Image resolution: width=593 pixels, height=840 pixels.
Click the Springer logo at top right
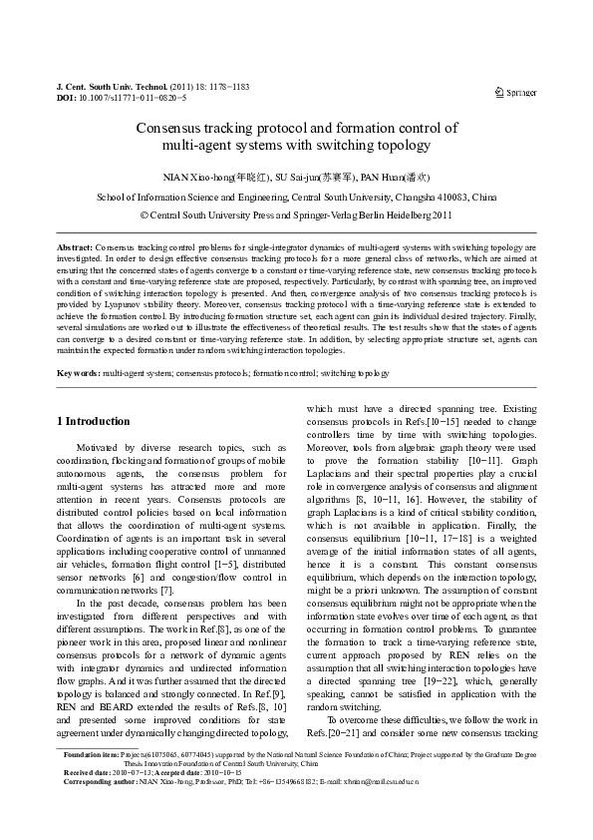515,93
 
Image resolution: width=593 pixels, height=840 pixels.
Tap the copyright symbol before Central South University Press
146,214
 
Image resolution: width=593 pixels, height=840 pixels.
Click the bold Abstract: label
75,245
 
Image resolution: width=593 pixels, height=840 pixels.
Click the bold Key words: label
78,372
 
